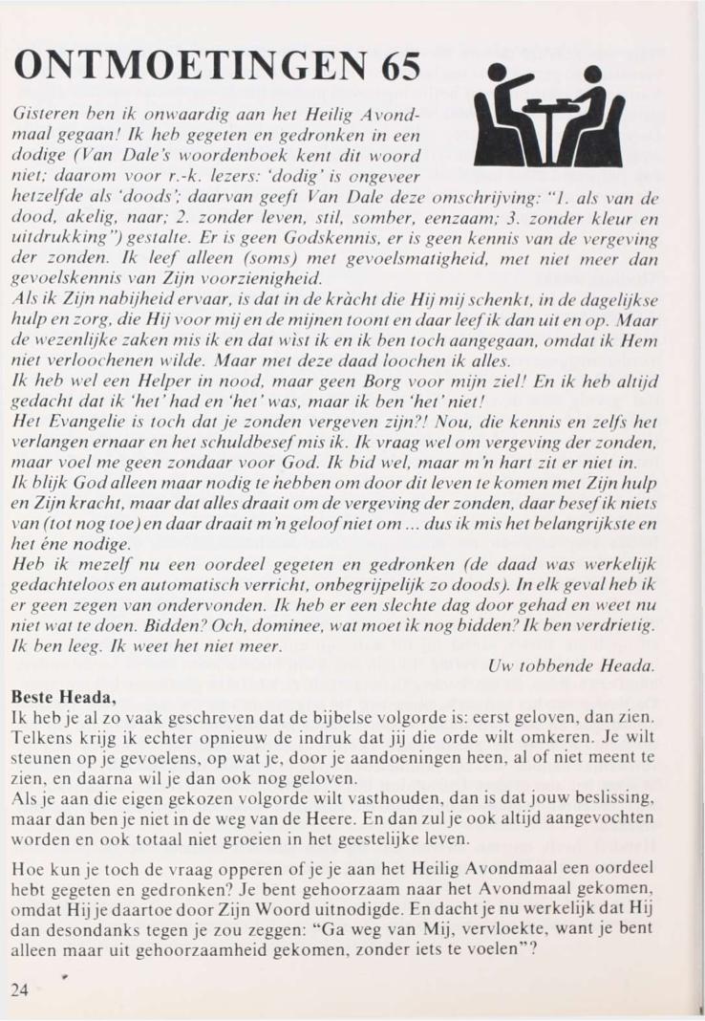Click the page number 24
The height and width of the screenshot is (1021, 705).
click(x=20, y=989)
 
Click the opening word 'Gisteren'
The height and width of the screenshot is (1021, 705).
click(x=42, y=115)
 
